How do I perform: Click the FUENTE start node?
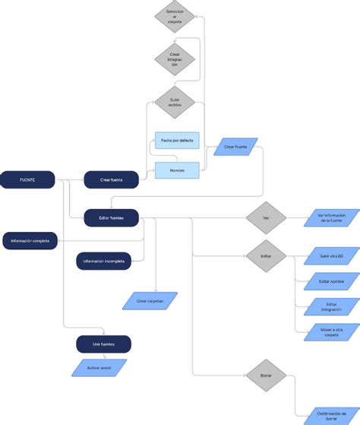pos(27,179)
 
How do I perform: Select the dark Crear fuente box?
pos(111,180)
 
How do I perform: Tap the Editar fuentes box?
pos(111,218)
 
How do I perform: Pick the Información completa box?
pos(30,240)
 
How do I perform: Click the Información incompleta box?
pos(105,261)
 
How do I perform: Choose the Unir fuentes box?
pos(103,344)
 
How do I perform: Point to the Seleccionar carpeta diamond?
pos(175,17)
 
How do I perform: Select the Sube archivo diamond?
pos(175,103)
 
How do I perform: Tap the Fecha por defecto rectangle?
pos(176,141)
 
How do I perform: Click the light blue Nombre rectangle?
pos(176,170)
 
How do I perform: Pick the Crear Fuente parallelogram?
pos(235,147)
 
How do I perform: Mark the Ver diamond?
pos(266,218)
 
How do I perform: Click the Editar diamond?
pos(266,256)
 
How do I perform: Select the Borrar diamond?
pos(266,376)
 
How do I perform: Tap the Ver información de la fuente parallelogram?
pos(331,218)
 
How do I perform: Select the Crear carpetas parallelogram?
pos(150,301)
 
